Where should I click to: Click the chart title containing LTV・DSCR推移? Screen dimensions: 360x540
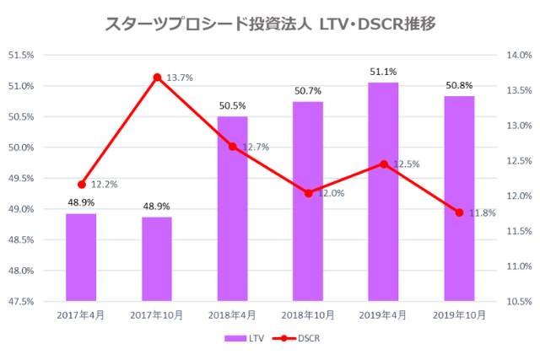pos(270,24)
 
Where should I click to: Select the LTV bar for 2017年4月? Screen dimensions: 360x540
pos(81,257)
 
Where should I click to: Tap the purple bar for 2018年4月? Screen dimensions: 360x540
pos(233,208)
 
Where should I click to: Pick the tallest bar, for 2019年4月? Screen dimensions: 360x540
pos(383,191)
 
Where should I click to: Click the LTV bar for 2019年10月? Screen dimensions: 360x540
pos(459,198)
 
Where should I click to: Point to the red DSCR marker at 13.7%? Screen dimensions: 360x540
pos(157,78)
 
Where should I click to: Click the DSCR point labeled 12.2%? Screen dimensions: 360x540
pos(82,184)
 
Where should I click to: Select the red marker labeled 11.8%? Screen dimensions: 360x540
pos(459,212)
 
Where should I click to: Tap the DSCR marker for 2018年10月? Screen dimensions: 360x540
pos(308,193)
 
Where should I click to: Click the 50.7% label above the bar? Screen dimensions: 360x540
pos(308,91)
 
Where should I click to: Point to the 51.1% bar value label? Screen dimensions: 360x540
pos(383,73)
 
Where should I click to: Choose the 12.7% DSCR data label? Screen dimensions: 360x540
pos(256,148)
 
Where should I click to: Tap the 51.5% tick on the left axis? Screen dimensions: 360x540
pos(21,56)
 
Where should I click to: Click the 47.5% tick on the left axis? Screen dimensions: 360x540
pos(21,301)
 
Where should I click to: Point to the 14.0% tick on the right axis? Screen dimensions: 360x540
pos(518,56)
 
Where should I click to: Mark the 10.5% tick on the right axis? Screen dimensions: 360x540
pos(518,301)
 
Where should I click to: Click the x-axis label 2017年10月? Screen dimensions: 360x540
pos(157,315)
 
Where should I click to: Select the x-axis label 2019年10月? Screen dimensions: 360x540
pos(459,315)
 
